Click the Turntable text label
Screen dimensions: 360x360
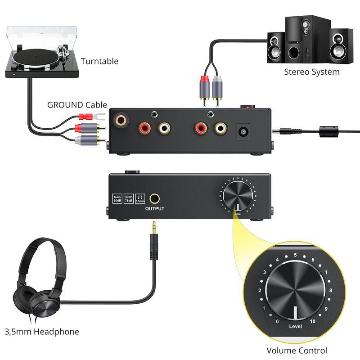99,61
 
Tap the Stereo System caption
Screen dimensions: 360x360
311,72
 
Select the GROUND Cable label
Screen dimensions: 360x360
77,105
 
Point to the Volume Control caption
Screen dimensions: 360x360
297,350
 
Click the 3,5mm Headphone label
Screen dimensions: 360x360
42,332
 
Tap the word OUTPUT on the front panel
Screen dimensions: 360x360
155,208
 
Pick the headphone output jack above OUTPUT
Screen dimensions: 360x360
155,198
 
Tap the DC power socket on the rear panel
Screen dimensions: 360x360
244,132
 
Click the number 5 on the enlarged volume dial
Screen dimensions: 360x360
295,255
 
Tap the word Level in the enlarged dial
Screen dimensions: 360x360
295,327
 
